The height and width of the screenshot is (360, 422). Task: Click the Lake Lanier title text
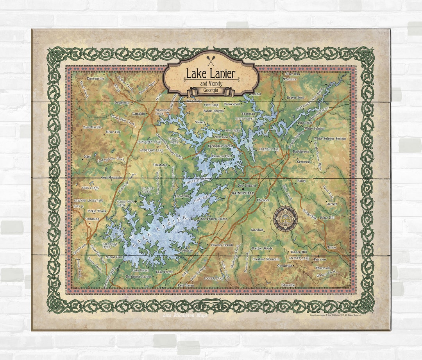pyautogui.click(x=210, y=73)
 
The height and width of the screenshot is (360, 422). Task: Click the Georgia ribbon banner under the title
pyautogui.click(x=211, y=91)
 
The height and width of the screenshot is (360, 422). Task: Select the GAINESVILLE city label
pyautogui.click(x=243, y=193)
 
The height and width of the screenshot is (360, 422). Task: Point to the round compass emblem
pyautogui.click(x=285, y=219)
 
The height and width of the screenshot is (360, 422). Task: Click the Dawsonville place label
pyautogui.click(x=95, y=78)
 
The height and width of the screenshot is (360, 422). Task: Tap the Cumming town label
pyautogui.click(x=93, y=219)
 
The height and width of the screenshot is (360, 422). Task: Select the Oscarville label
pyautogui.click(x=183, y=196)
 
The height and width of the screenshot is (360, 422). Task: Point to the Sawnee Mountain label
pyautogui.click(x=88, y=200)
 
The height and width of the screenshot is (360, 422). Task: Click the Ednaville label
pyautogui.click(x=288, y=285)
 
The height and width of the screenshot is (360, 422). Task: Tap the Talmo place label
pyautogui.click(x=331, y=247)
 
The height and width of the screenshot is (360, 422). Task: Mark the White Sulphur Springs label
pyautogui.click(x=330, y=139)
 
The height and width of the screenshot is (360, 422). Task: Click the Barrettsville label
pyautogui.click(x=92, y=127)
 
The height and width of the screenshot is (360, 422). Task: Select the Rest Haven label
pyautogui.click(x=186, y=285)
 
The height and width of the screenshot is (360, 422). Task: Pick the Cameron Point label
pyautogui.click(x=222, y=156)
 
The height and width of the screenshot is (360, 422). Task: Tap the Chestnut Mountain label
pyautogui.click(x=266, y=259)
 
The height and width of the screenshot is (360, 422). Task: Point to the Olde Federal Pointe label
pyautogui.click(x=213, y=219)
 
